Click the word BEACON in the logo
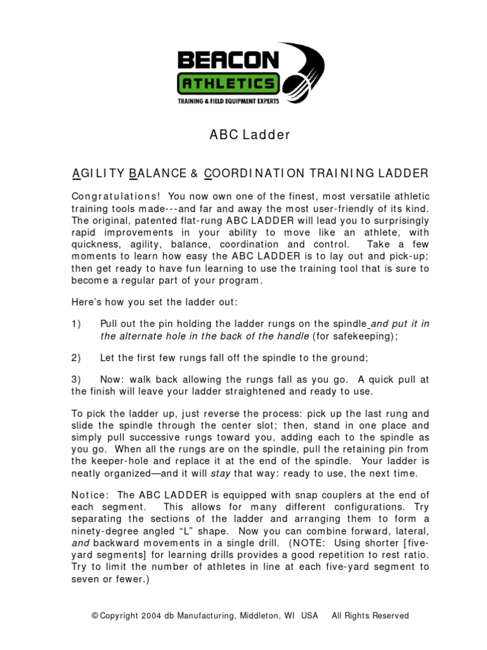coord(228,60)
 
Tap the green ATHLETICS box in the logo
coord(228,83)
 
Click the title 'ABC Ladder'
coord(250,135)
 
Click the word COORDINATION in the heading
coord(256,173)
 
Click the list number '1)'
coord(76,324)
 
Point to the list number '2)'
coord(76,358)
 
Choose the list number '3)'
coord(76,380)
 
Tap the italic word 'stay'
coord(228,473)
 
